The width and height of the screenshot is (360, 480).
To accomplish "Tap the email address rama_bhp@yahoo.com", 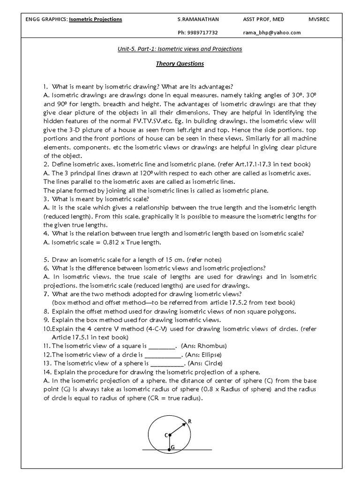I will tap(271, 32).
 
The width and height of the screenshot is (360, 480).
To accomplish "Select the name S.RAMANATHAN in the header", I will tap(198, 19).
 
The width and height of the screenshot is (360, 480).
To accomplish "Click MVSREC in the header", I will tap(320, 19).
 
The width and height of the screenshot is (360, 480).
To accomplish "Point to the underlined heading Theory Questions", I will tap(180, 64).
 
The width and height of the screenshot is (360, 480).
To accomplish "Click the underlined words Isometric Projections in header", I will tap(96, 19).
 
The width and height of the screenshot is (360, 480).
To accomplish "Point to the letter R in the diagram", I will tap(190, 421).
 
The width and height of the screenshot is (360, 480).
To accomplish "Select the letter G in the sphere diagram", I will tap(172, 448).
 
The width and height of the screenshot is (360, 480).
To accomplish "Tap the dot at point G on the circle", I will tap(169, 450).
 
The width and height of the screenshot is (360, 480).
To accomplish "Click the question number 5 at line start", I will tap(45, 259).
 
